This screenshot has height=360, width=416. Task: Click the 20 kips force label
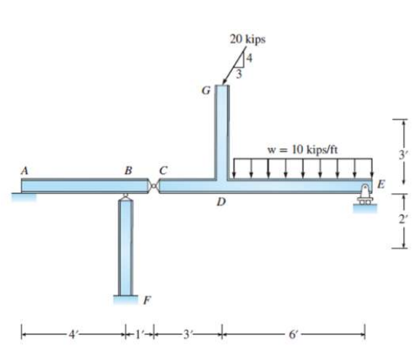(247, 40)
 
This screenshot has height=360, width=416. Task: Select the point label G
(206, 91)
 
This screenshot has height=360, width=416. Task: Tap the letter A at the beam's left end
(24, 170)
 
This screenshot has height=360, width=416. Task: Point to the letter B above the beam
(128, 170)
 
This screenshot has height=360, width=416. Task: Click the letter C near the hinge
(163, 170)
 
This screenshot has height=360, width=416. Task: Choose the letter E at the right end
(381, 184)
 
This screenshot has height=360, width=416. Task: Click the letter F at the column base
(147, 301)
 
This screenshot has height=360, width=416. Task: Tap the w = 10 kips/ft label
(303, 150)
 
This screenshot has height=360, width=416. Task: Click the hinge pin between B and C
(153, 186)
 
